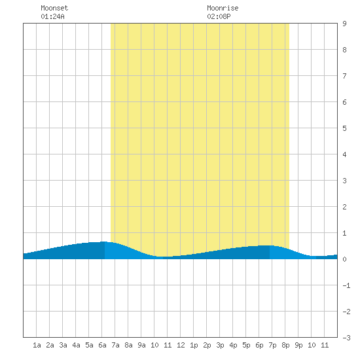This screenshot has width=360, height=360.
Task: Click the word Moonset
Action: pos(54,8)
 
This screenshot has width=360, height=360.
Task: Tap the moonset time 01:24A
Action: pos(52,16)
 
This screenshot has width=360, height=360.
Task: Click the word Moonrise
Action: pos(223,8)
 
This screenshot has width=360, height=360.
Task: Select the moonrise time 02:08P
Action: pos(219,16)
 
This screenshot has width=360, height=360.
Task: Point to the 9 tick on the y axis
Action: pos(344,24)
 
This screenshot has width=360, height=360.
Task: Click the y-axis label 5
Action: pos(344,128)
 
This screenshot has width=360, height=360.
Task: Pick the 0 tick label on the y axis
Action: pos(344,259)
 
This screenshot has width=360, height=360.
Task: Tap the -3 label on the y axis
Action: pos(346,338)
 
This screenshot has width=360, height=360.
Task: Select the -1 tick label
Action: pos(346,285)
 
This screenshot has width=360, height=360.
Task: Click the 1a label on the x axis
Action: pos(37,345)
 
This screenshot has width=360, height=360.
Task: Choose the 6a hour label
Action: pos(102,345)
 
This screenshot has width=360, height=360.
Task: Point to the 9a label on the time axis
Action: pos(141,345)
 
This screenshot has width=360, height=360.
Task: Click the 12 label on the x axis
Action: pos(181,345)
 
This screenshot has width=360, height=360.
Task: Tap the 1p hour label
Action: pos(194,345)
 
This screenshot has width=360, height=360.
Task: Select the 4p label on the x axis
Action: pos(233,345)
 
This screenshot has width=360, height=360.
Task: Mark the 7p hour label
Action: pos(272,345)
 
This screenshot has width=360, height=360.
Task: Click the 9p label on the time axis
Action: pos(298,345)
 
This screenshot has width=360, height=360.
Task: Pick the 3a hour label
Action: pos(63,345)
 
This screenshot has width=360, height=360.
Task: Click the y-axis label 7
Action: pos(344,76)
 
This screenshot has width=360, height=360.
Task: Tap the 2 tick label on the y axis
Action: pos(344,207)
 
